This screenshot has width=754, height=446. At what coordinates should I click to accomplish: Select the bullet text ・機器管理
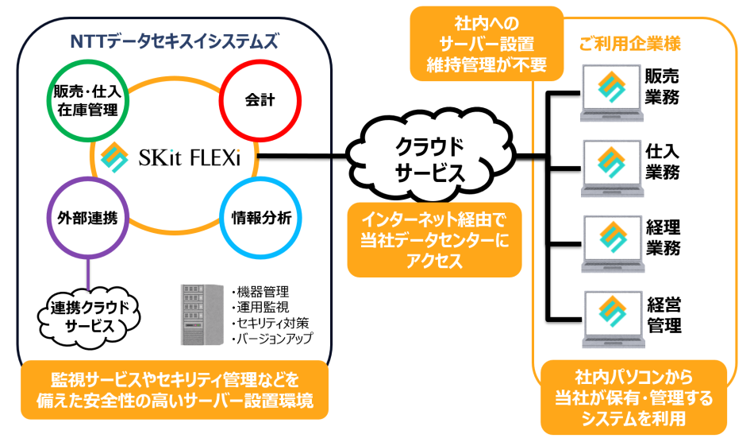259,291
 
